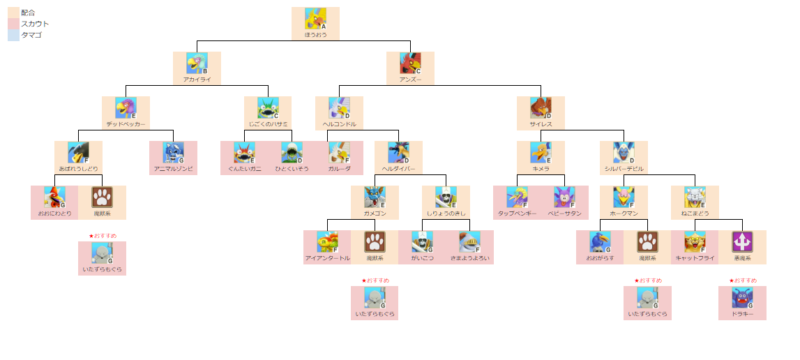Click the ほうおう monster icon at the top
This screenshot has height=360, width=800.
[315, 19]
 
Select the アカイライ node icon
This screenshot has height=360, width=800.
[197, 63]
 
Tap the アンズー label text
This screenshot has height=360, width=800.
[410, 80]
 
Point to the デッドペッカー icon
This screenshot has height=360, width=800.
[126, 108]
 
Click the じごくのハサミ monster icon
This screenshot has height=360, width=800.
[268, 108]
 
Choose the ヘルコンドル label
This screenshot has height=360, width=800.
[339, 124]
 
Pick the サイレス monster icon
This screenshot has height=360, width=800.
[541, 108]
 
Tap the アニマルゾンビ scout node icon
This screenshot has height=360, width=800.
[173, 153]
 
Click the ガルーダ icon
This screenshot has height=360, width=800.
[339, 153]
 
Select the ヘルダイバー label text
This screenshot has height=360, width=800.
[398, 169]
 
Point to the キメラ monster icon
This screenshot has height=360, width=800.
[541, 153]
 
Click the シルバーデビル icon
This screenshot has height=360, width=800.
[624, 153]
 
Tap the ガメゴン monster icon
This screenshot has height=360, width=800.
[375, 197]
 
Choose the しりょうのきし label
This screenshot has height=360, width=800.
[446, 213]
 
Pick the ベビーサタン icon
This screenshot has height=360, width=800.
[564, 197]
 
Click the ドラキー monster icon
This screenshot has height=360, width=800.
[742, 298]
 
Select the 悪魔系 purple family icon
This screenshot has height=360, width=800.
[742, 242]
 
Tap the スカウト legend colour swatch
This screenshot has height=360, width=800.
[13, 24]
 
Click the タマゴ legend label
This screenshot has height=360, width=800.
[31, 35]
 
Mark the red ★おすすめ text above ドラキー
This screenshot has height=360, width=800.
[742, 280]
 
